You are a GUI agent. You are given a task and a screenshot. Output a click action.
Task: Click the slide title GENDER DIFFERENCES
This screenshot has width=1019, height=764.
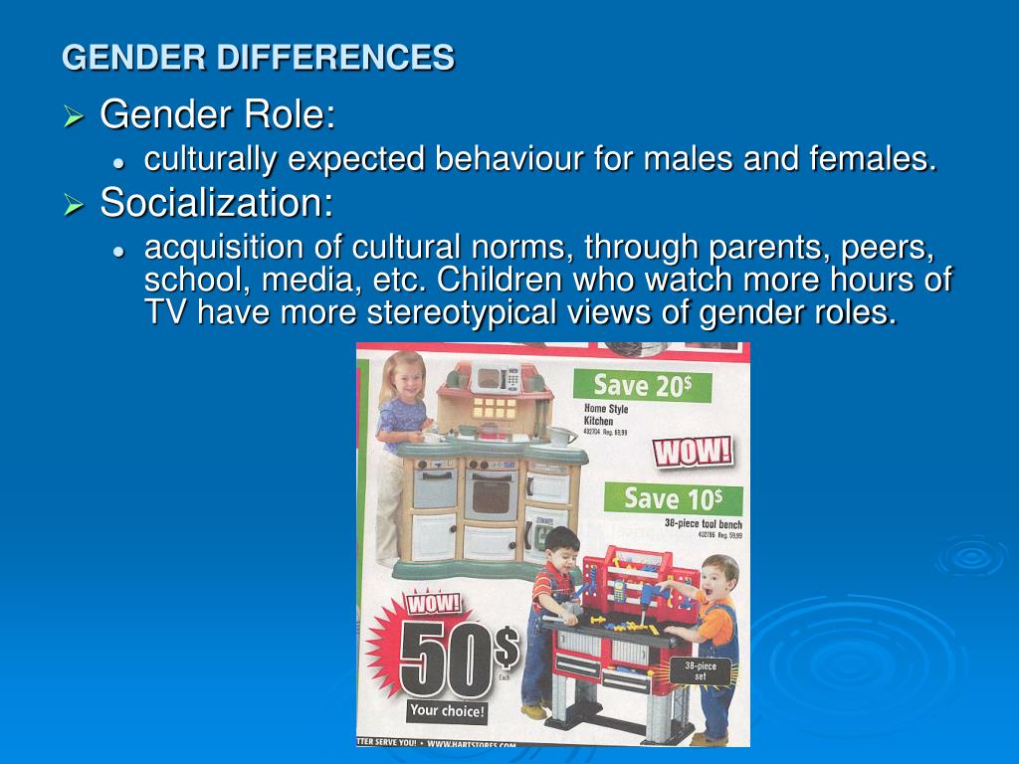[258, 58]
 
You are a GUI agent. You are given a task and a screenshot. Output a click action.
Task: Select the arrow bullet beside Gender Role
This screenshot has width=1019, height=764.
[73, 118]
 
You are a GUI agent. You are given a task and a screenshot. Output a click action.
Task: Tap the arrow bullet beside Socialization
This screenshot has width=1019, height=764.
[73, 206]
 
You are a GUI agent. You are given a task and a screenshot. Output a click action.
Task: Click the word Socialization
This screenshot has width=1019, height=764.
[216, 204]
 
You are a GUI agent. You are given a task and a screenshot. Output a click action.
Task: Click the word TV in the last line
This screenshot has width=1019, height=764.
[165, 312]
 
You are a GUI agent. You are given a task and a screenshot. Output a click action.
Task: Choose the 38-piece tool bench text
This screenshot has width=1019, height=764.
[703, 524]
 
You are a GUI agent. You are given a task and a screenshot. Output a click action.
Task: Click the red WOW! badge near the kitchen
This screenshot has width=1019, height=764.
[693, 452]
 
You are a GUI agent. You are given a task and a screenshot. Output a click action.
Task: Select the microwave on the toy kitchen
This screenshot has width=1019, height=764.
[495, 378]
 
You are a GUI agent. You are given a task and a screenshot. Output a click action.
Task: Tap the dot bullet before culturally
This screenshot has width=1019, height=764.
[117, 162]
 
